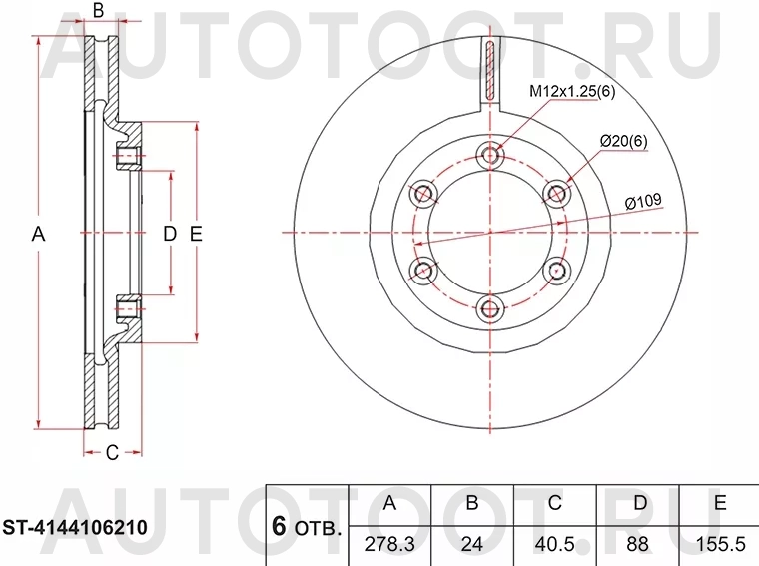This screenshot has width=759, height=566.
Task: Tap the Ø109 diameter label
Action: click(643, 202)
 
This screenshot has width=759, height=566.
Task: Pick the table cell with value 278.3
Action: click(389, 544)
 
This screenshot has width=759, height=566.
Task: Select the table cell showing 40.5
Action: click(554, 544)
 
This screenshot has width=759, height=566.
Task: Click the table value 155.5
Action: click(719, 544)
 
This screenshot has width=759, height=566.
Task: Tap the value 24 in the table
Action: click(472, 544)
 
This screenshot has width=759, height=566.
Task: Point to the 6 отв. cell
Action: click(306, 526)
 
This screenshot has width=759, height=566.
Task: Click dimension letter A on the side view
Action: click(38, 234)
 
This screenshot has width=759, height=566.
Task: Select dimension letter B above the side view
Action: click(98, 12)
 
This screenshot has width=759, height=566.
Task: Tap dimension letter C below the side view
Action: click(112, 453)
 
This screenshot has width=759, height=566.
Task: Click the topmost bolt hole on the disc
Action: click(488, 155)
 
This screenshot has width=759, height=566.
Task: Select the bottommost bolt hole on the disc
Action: click(488, 307)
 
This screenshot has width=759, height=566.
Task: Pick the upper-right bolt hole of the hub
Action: click(554, 193)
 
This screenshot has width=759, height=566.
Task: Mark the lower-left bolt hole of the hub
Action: click(423, 270)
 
